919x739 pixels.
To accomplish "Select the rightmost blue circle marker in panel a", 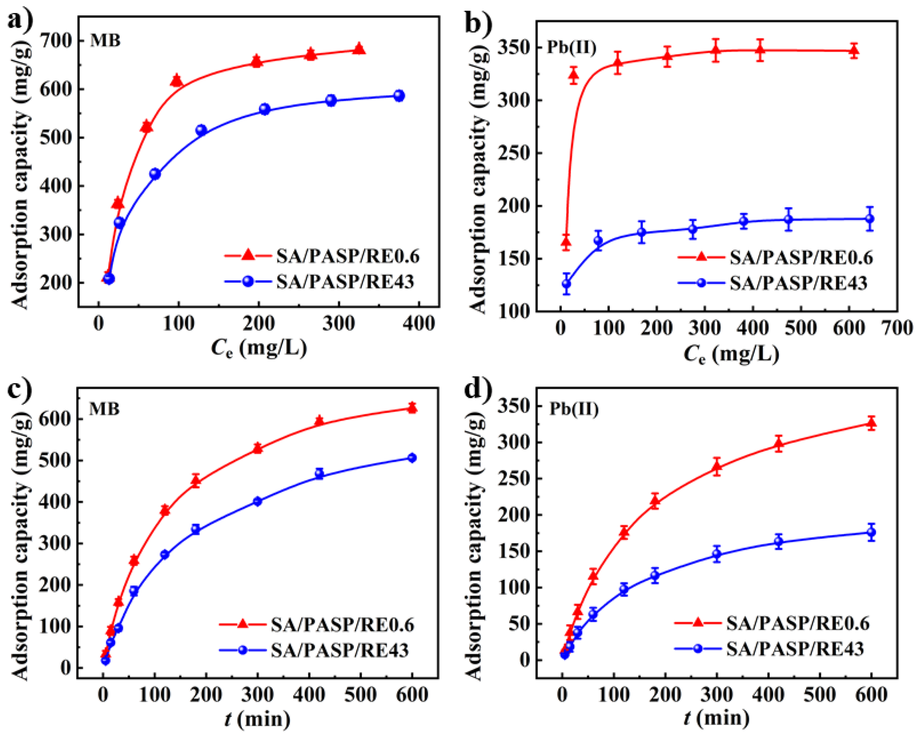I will coord(399,95).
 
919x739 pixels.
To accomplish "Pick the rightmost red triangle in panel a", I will coord(359,49).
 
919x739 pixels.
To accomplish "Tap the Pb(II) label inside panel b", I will coord(571,47).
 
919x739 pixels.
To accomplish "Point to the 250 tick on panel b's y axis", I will coord(513,153).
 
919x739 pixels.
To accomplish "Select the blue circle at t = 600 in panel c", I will coord(412,458).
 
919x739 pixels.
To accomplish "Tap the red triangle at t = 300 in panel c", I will coord(257,448).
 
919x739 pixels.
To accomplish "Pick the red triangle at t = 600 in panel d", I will coord(871,423).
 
